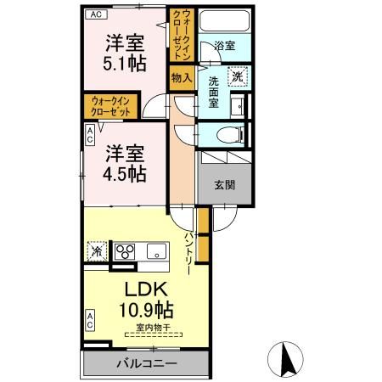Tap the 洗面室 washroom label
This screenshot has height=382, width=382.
click(216, 91)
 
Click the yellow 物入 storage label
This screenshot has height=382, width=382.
click(181, 77)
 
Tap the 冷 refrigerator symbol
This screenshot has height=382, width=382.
click(96, 251)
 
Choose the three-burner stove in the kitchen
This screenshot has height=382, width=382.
click(126, 251)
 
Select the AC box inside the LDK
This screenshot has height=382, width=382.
click(90, 320)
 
